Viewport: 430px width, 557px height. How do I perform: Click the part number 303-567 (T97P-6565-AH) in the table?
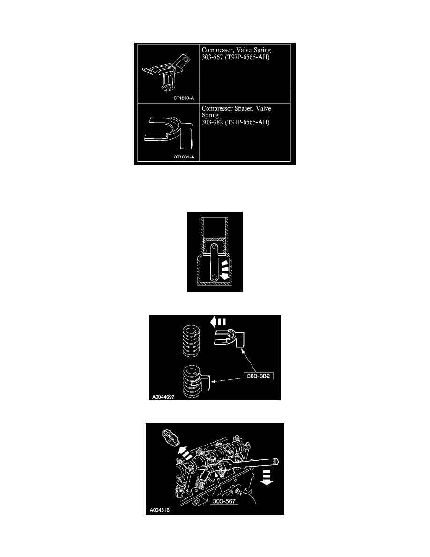(x=236, y=57)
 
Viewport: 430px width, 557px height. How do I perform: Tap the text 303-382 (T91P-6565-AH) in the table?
(x=236, y=122)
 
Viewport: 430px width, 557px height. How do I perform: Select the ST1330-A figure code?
(x=184, y=98)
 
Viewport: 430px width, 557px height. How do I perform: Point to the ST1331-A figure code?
(x=184, y=157)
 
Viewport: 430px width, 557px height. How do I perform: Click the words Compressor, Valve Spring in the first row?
(x=236, y=50)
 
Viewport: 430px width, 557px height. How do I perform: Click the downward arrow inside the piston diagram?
(x=223, y=270)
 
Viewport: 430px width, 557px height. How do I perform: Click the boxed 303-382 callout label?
(x=258, y=376)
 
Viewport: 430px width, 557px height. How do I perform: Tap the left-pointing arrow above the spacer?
(x=218, y=322)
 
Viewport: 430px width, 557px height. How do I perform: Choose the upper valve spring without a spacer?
(x=191, y=340)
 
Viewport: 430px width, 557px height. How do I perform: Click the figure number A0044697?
(x=163, y=397)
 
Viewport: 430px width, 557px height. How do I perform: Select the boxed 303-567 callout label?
(x=224, y=501)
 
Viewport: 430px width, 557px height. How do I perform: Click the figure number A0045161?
(x=161, y=510)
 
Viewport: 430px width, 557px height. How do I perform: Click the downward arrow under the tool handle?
(x=267, y=477)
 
